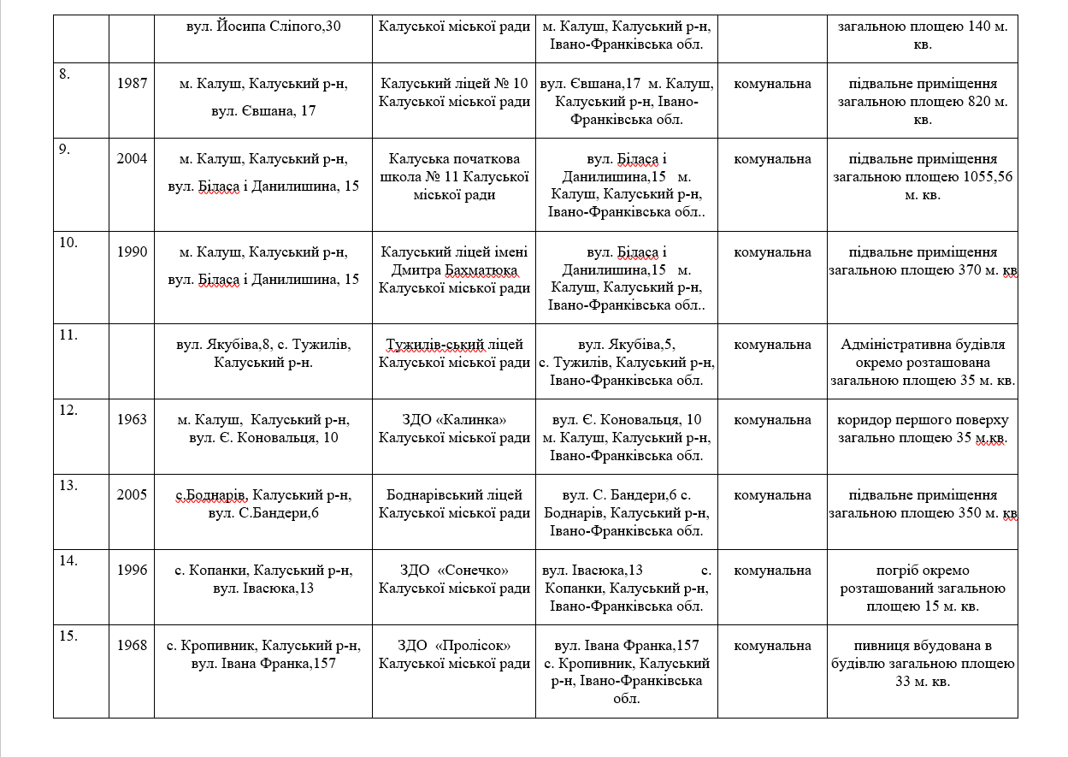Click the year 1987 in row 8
tap(132, 84)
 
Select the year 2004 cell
tap(132, 158)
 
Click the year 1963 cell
tap(132, 420)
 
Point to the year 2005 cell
tap(132, 494)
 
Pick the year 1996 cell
tap(132, 571)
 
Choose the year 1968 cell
tap(132, 646)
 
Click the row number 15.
tap(68, 636)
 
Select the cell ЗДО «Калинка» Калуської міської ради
tap(454, 429)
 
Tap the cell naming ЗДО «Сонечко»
tap(454, 579)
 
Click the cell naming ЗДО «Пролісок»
tap(454, 654)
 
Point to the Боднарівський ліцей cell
tap(454, 504)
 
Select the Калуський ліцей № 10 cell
tap(454, 92)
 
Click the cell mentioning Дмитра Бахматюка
tap(454, 270)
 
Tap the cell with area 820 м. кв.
tap(923, 102)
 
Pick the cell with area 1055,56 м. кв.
tap(923, 176)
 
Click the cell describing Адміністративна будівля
tap(923, 363)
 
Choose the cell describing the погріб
tap(923, 588)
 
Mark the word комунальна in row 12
tap(772, 420)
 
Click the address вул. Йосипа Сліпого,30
tap(263, 27)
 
